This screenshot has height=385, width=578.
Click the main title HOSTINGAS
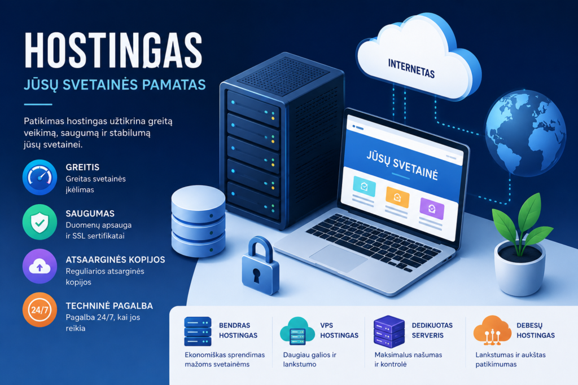coord(113,50)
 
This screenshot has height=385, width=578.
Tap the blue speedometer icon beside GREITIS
coord(40,178)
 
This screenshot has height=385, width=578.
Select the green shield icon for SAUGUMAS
coord(40,222)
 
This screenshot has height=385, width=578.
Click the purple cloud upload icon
coord(40,266)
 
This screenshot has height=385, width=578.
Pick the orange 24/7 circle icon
coord(40,310)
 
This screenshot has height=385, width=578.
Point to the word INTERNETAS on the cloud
coord(411,68)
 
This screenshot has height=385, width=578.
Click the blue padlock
coord(260,265)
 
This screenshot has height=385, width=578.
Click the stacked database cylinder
coord(198,221)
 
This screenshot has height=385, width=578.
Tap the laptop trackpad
coord(339,258)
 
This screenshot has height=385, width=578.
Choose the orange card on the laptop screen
coord(397,197)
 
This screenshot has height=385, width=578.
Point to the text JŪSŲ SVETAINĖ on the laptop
coord(402,165)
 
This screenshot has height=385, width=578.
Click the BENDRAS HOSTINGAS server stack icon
coord(198,331)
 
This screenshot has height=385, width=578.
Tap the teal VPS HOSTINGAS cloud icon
coord(297,331)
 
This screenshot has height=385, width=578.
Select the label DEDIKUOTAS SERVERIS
coord(432,330)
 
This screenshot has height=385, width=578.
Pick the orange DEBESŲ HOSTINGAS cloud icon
coord(492,330)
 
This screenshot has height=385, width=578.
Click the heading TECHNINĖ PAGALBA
coord(109,306)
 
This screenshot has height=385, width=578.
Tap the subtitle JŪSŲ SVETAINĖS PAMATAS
coord(115,85)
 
